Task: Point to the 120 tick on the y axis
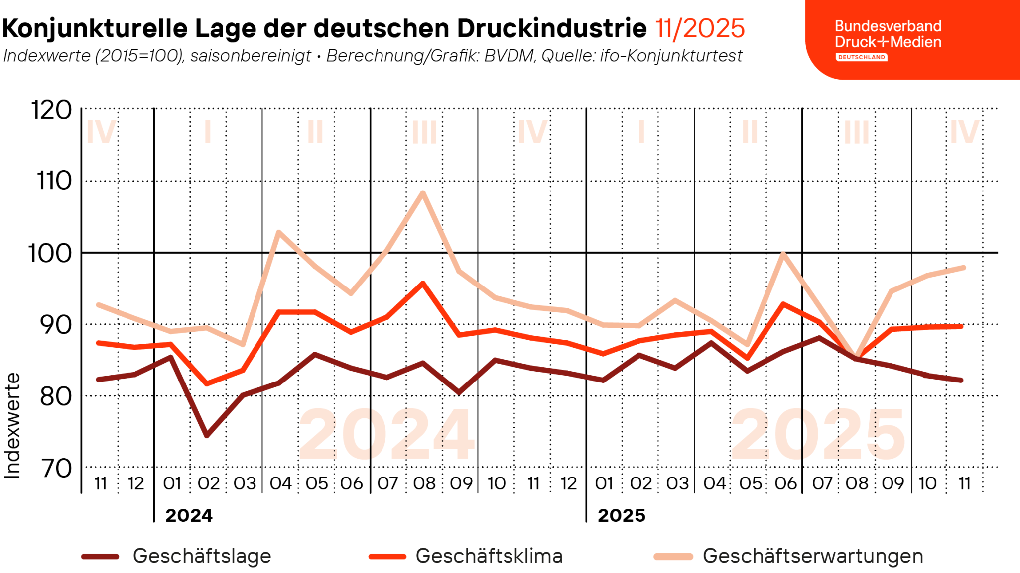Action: tap(52, 110)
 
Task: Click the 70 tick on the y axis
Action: tap(56, 468)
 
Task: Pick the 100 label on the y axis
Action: tap(50, 253)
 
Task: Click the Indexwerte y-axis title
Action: tap(12, 425)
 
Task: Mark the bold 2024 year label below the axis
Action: tap(189, 515)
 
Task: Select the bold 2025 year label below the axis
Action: tap(621, 515)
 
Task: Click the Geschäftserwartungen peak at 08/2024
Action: tap(422, 192)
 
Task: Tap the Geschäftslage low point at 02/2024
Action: tap(207, 435)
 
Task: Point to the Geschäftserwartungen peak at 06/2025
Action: tap(783, 254)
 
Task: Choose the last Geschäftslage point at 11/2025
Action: tap(961, 380)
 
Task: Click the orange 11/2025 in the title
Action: tap(700, 28)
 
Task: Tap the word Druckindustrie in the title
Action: tap(552, 28)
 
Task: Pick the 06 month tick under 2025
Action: tap(785, 483)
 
